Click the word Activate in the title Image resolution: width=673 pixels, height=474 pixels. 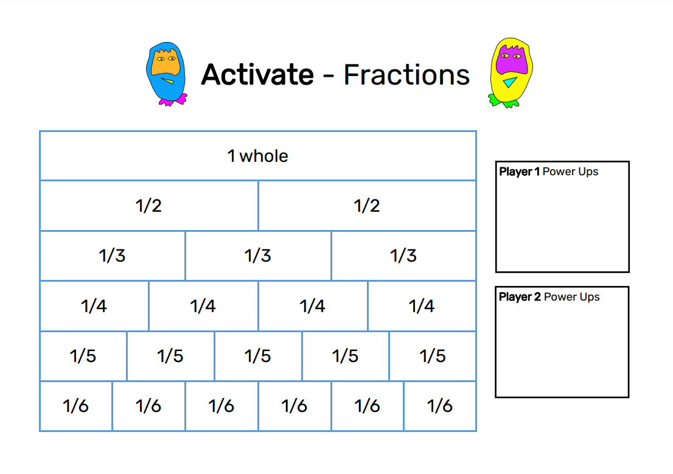[x=257, y=75]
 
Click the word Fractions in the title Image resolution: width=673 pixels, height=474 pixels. [x=406, y=75]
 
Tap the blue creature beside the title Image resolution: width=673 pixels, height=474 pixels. [x=166, y=73]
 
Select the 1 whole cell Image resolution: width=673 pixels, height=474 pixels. [x=258, y=156]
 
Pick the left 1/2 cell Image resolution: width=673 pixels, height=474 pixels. [x=148, y=206]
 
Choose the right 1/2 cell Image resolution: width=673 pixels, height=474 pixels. [x=367, y=206]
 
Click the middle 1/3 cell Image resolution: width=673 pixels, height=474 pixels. [x=258, y=256]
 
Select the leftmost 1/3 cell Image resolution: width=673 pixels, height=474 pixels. [x=112, y=256]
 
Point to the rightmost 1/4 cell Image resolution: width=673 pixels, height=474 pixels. [x=422, y=305]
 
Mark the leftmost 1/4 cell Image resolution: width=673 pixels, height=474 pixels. [x=94, y=305]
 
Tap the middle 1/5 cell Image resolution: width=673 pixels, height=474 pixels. [x=258, y=356]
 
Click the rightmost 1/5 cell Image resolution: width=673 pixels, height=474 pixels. [x=433, y=356]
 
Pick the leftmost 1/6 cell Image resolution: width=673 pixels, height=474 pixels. [x=75, y=406]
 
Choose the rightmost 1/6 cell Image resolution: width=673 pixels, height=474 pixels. [x=440, y=406]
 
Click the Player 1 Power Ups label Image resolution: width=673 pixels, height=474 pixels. [x=548, y=172]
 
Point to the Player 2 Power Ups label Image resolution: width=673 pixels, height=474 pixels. [x=549, y=297]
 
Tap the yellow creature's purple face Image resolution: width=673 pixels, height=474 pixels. [x=510, y=60]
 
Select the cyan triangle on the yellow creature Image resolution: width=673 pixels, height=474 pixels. [x=509, y=83]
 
